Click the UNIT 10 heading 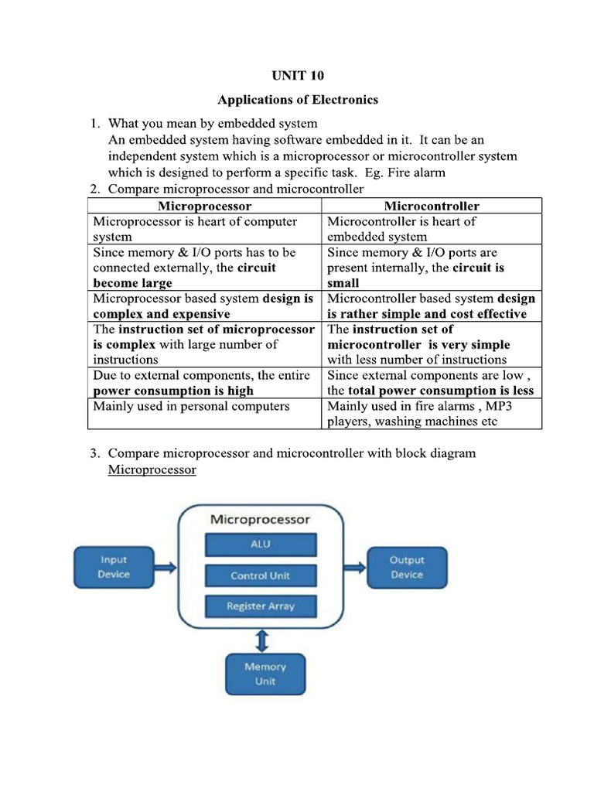(x=297, y=76)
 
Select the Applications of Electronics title (x=297, y=100)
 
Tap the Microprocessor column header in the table (x=204, y=206)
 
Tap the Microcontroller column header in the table (x=431, y=206)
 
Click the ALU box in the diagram (x=261, y=544)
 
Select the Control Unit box (x=261, y=575)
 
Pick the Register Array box (x=261, y=606)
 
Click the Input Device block (x=113, y=567)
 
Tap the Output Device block (x=406, y=567)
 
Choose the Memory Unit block (x=265, y=674)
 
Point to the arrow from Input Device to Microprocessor (x=164, y=568)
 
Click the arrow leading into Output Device (x=355, y=568)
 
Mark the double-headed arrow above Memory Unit (x=262, y=639)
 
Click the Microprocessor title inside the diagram (x=260, y=520)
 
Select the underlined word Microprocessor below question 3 (x=152, y=469)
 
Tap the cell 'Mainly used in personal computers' (x=191, y=406)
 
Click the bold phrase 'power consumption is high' (x=173, y=391)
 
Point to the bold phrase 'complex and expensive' (x=162, y=314)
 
